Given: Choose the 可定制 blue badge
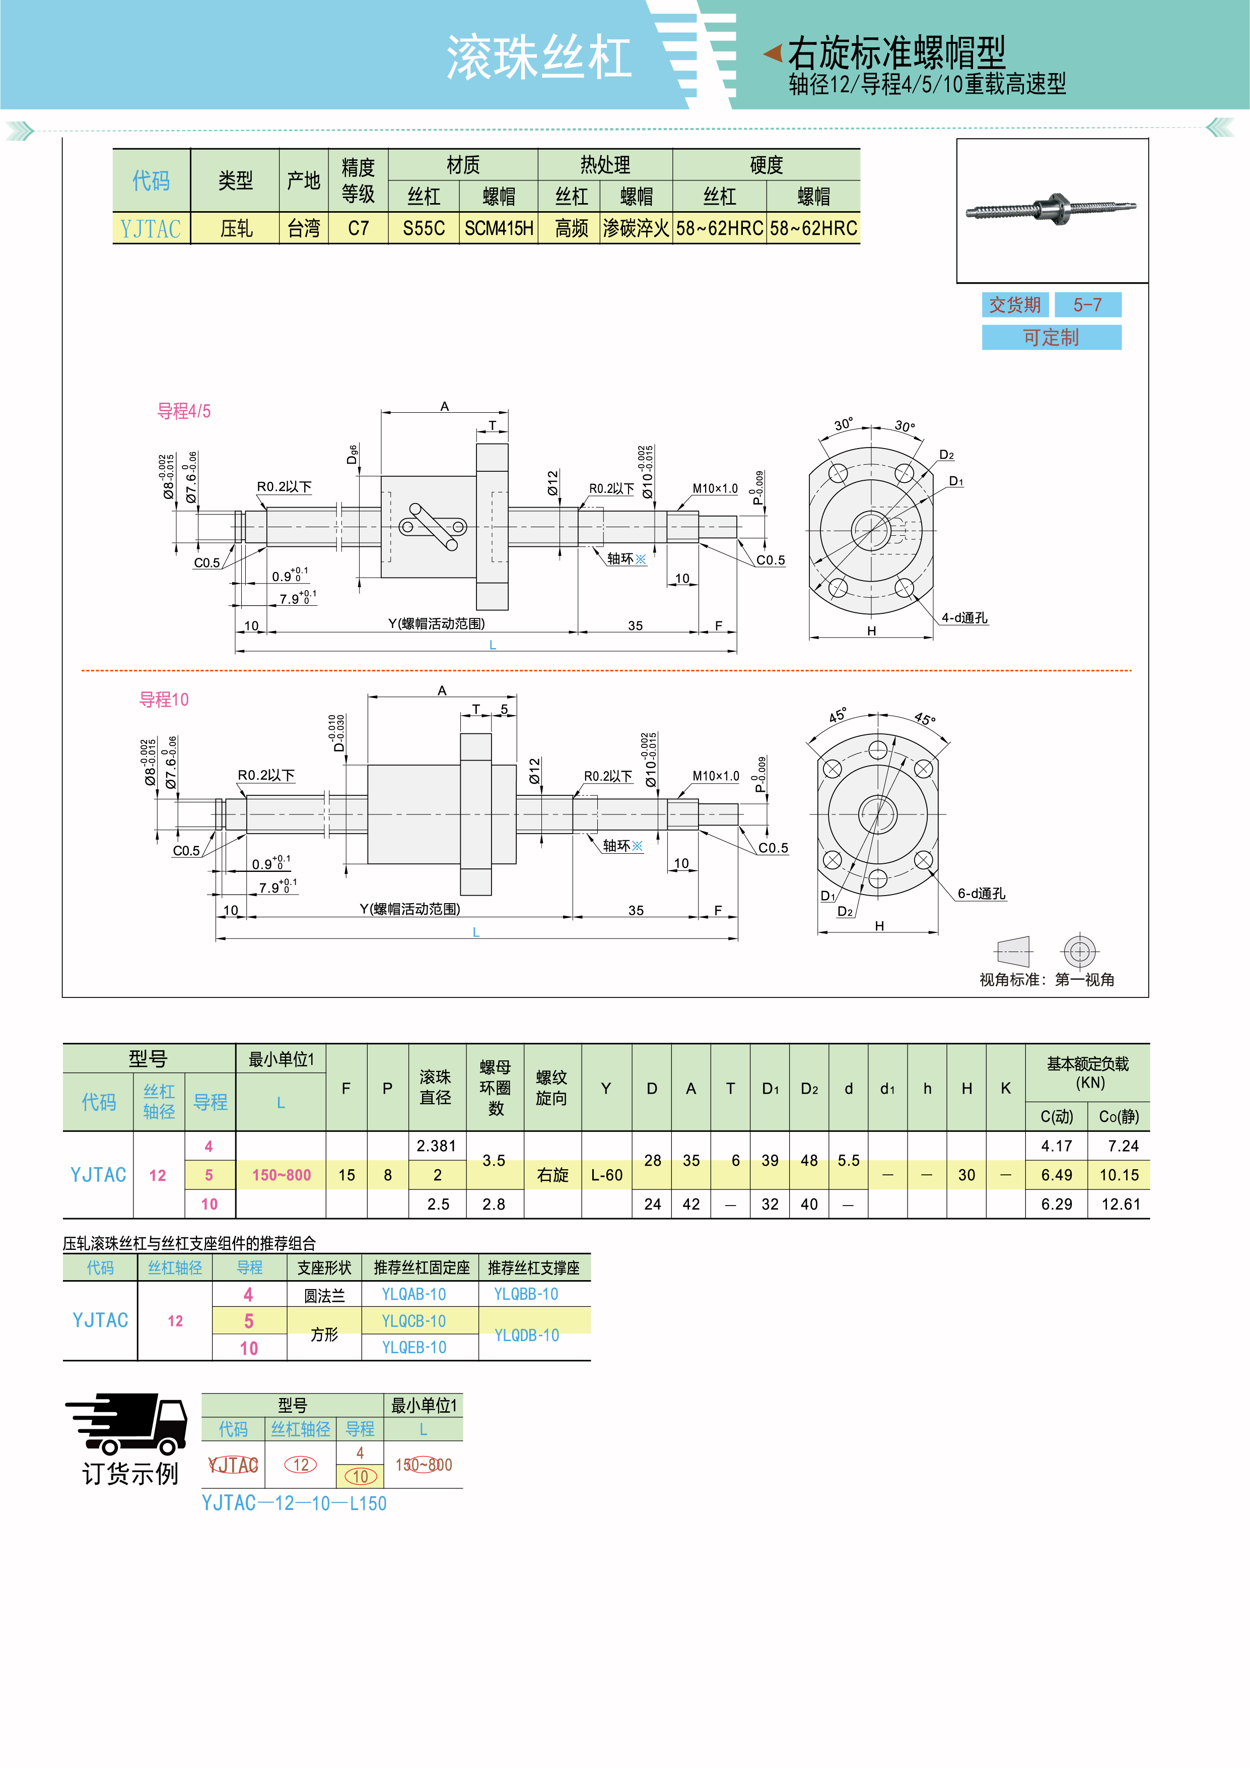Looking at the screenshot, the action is (x=1052, y=337).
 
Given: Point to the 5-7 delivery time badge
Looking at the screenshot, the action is (x=1088, y=305).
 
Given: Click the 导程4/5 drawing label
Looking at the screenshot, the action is (x=184, y=411).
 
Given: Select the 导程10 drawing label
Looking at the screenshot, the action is (x=164, y=699).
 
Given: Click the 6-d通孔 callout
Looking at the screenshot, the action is (x=982, y=893).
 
